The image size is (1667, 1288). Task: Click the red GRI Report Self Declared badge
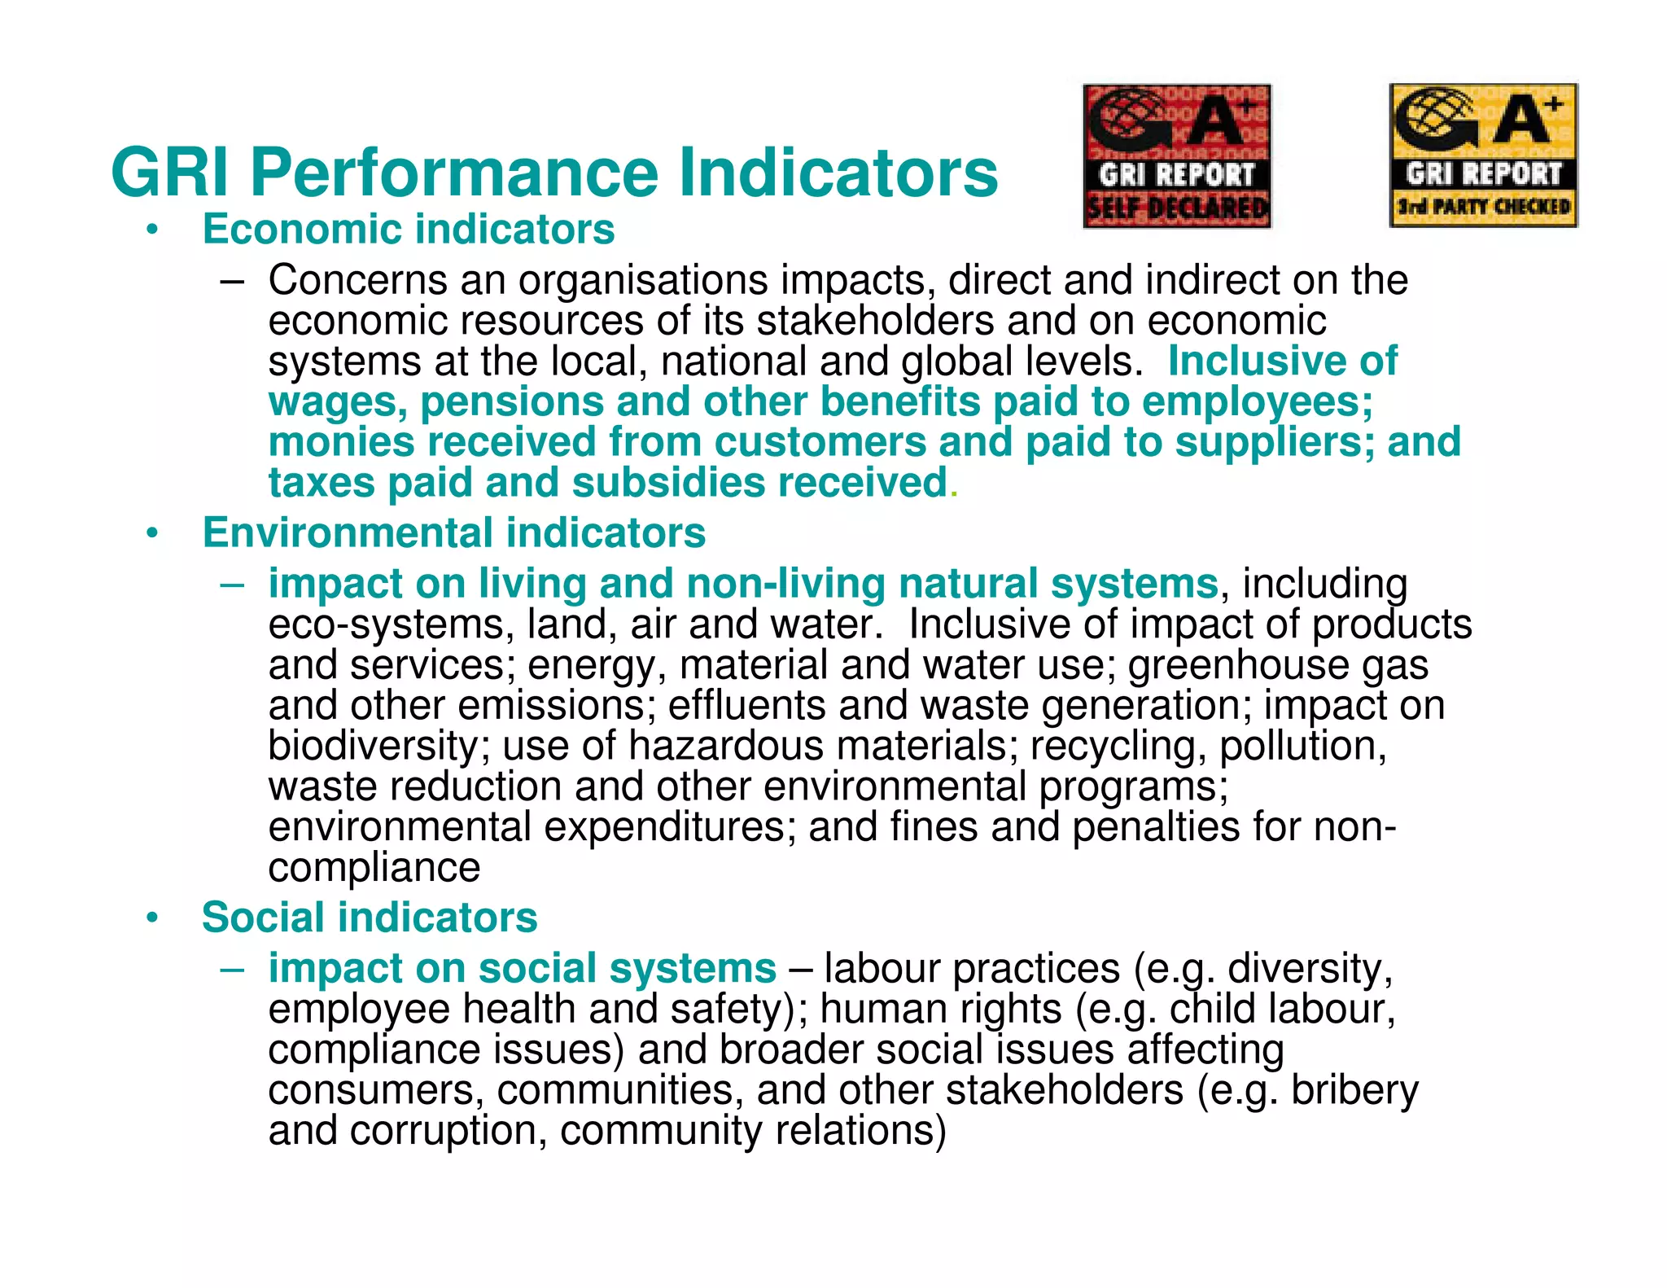pyautogui.click(x=1177, y=156)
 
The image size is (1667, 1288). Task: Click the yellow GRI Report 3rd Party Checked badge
pyautogui.click(x=1483, y=156)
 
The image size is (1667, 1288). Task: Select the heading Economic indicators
pyautogui.click(x=409, y=229)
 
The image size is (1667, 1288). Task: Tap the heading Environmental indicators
pyautogui.click(x=453, y=533)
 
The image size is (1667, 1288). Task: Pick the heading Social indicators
pyautogui.click(x=370, y=918)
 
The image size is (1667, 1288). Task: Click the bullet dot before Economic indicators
pyautogui.click(x=151, y=230)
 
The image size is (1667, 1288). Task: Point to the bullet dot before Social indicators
pyautogui.click(x=151, y=919)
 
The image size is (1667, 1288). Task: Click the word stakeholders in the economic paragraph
pyautogui.click(x=875, y=320)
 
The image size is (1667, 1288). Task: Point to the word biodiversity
pyautogui.click(x=374, y=746)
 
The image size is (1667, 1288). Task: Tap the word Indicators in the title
pyautogui.click(x=838, y=173)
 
